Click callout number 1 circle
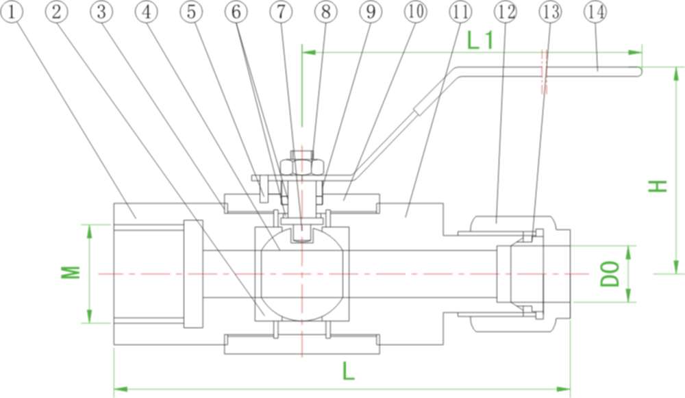(12, 12)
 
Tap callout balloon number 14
(595, 12)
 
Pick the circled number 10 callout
(416, 12)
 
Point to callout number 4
(147, 12)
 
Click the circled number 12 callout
(506, 12)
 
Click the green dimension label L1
(480, 40)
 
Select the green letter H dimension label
(658, 186)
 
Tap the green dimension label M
(71, 272)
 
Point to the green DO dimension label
(610, 273)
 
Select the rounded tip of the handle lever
(640, 72)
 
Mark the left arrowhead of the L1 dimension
(308, 53)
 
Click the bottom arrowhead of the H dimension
(677, 267)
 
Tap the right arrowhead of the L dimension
(564, 388)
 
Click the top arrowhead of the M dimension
(90, 232)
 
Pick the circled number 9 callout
(371, 12)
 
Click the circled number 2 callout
(56, 12)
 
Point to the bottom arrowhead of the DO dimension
(629, 295)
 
